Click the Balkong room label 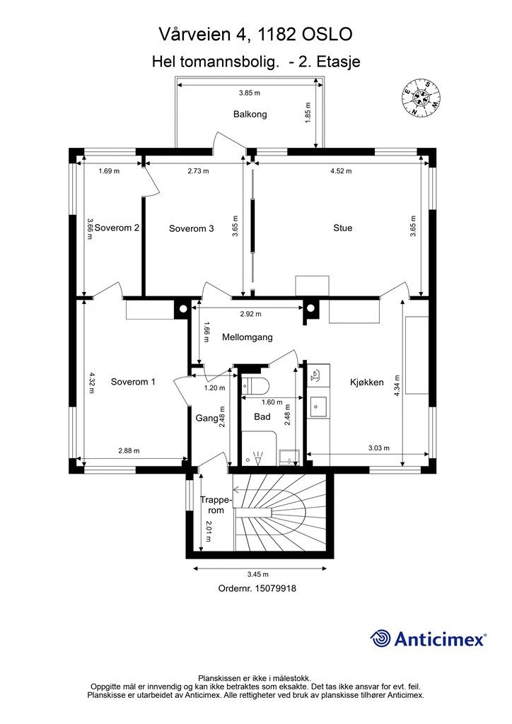(x=250, y=114)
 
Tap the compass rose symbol (x=419, y=97)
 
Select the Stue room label (x=342, y=228)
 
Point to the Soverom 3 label (x=191, y=228)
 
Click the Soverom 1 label (x=133, y=381)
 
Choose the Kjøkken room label (x=366, y=383)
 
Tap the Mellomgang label (x=247, y=337)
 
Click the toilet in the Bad (x=255, y=384)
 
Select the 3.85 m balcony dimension (x=250, y=93)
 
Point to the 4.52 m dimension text (x=341, y=171)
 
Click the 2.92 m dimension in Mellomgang (x=250, y=314)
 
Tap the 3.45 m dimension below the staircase (x=257, y=574)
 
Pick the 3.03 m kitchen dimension (x=378, y=448)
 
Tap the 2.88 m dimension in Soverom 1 (x=129, y=450)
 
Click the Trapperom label (x=215, y=505)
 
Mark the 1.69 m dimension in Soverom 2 (x=109, y=171)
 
